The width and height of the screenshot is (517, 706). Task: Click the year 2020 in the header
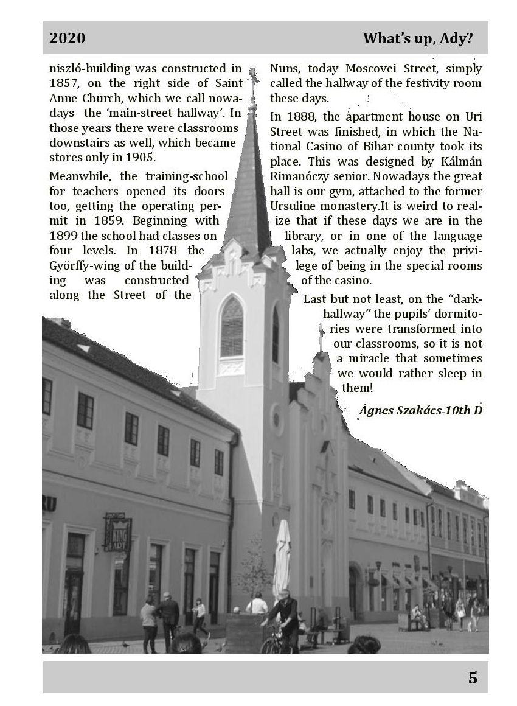click(68, 39)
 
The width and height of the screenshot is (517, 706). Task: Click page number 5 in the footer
click(473, 677)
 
